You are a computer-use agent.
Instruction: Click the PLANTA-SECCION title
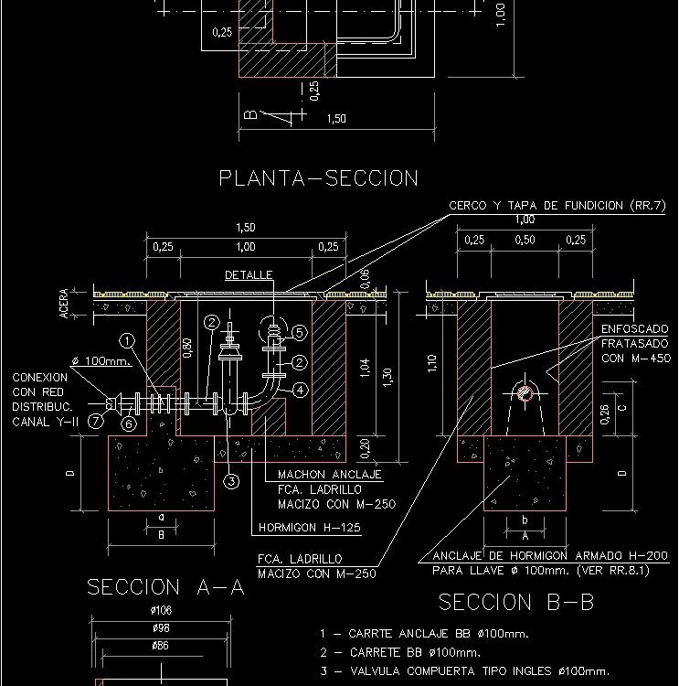[318, 178]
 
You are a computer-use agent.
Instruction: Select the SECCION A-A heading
[165, 587]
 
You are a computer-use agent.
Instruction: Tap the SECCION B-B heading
[516, 602]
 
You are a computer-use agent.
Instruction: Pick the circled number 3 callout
[231, 481]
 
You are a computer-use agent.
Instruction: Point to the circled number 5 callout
[300, 332]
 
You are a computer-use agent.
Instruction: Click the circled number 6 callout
[129, 423]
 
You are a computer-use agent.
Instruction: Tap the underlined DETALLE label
[248, 275]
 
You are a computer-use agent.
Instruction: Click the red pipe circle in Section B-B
[525, 393]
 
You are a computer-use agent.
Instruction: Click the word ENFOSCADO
[634, 328]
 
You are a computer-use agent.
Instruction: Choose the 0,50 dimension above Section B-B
[525, 241]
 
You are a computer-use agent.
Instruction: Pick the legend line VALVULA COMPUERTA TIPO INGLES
[464, 671]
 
